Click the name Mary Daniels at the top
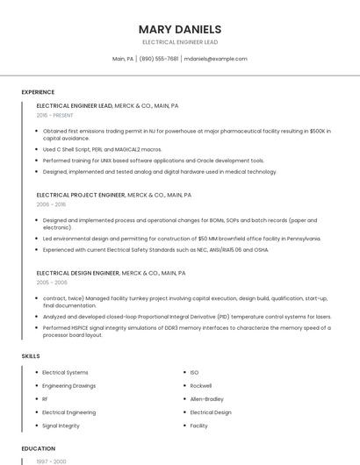180,29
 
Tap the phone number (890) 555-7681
158,59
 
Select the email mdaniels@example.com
215,59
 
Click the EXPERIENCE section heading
38,92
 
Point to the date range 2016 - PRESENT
55,115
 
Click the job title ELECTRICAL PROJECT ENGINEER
80,195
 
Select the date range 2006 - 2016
51,204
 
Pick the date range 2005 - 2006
52,283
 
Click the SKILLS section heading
31,356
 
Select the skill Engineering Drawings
69,386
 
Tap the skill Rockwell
201,386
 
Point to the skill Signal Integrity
61,426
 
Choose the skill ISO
195,373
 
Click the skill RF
45,399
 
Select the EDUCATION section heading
39,448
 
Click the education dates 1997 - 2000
51,461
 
